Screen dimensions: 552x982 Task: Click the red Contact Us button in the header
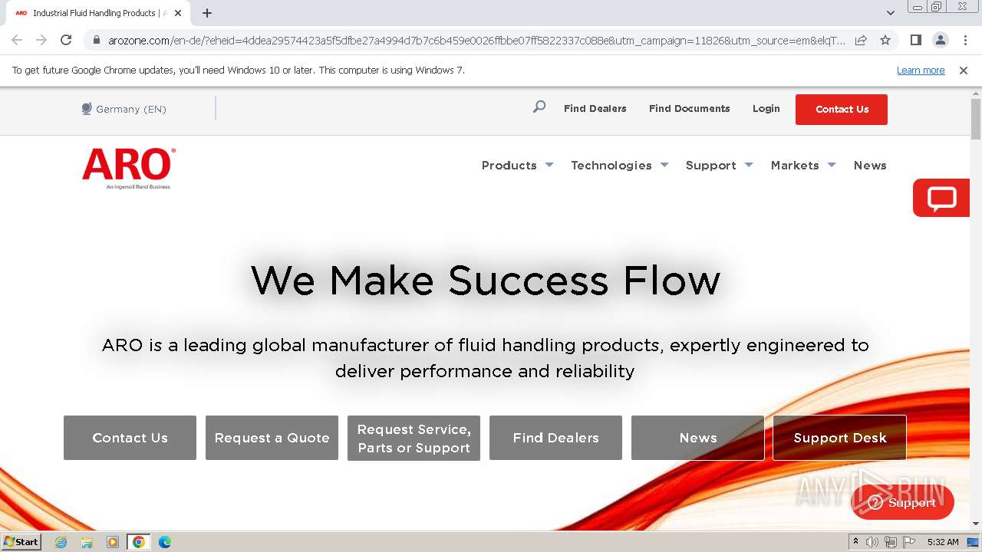[841, 109]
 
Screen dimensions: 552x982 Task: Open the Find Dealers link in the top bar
[595, 109]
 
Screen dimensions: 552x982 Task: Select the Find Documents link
[689, 109]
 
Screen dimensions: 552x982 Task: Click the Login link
[766, 109]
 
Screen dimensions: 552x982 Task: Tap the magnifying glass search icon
[539, 107]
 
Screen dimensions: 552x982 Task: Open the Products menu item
[509, 166]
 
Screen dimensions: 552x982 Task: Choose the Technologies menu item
[611, 166]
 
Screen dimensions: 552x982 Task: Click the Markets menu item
[795, 166]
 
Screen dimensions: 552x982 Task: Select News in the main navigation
[870, 166]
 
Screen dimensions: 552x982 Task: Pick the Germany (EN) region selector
[124, 109]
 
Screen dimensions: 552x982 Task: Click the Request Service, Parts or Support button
[414, 439]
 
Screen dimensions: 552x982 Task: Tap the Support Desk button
[839, 438]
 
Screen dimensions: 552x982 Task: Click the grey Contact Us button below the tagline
[130, 438]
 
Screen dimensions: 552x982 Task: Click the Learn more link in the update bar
[921, 71]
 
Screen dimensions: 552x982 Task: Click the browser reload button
[66, 40]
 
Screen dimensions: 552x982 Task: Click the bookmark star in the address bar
[885, 40]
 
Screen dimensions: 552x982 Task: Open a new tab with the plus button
[207, 13]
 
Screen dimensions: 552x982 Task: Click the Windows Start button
[21, 542]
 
